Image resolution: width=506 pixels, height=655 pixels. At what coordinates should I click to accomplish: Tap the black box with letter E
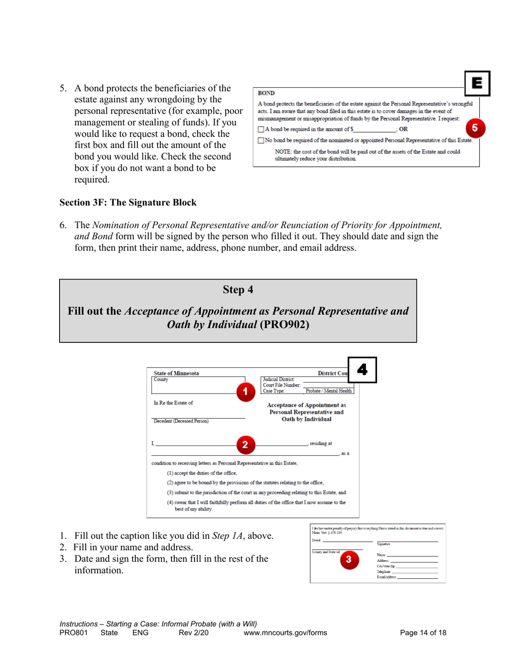[476, 83]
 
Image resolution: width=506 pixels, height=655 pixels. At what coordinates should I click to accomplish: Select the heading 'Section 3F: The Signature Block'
[128, 202]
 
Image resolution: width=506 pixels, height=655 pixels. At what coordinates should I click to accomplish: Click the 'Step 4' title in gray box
[238, 290]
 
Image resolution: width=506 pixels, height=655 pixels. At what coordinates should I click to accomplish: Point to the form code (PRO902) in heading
[284, 324]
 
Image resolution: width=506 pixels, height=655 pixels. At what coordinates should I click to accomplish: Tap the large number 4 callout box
[362, 370]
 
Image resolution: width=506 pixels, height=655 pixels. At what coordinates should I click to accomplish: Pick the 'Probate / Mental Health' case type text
[329, 391]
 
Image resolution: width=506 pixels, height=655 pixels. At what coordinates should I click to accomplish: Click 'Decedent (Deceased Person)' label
[181, 421]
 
